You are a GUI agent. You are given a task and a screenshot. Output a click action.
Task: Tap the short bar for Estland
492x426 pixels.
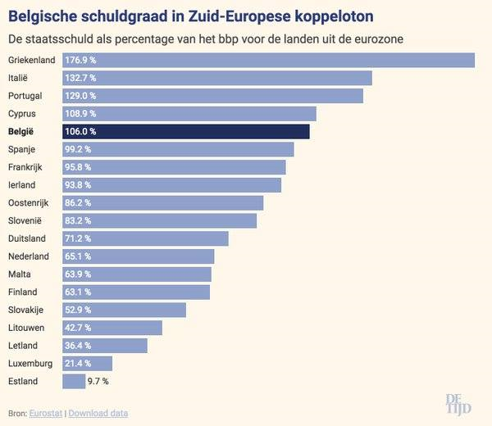74,381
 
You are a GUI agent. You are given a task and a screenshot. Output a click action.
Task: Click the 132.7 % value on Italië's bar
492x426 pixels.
80,78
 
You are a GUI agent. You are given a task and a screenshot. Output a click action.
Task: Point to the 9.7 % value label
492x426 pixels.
98,381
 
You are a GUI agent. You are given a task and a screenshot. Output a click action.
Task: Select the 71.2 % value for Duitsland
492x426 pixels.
78,238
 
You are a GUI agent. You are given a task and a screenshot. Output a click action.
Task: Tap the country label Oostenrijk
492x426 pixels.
30,202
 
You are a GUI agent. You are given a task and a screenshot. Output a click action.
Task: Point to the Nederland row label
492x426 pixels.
29,256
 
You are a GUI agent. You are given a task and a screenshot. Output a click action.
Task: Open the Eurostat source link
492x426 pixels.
45,413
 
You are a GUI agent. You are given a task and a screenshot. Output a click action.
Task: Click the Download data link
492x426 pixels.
98,413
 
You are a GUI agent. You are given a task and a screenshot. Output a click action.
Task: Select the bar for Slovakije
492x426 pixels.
124,310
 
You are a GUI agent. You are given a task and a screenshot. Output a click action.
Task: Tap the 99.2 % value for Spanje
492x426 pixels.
78,149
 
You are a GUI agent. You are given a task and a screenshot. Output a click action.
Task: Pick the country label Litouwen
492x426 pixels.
27,328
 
